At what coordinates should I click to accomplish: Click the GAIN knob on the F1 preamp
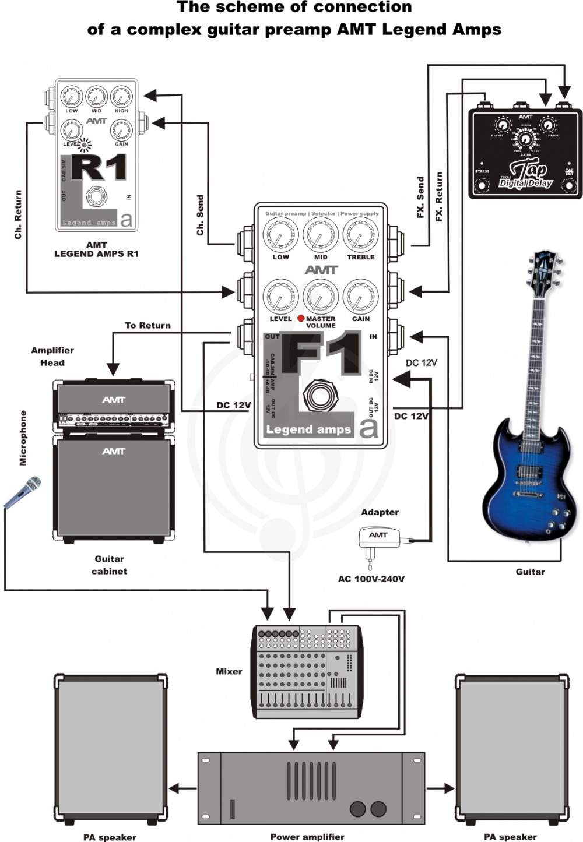coord(360,296)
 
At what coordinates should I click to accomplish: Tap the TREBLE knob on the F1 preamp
coord(360,235)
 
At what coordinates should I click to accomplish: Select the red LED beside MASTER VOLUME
coord(301,318)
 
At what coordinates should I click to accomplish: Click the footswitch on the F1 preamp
coord(318,397)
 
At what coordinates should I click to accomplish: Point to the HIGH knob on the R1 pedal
coord(121,97)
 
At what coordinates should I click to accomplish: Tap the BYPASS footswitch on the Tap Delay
coord(482,186)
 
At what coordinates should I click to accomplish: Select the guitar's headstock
coord(545,268)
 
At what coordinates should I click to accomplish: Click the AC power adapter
coord(378,538)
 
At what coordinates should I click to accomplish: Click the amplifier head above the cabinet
coord(114,405)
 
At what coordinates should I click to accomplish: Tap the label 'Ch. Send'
coord(200,215)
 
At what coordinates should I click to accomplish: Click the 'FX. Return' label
coord(438,196)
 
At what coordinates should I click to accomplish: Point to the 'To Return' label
coord(147,326)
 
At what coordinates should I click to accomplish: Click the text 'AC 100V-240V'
coord(371,579)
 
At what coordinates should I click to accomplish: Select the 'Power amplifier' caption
coord(307,837)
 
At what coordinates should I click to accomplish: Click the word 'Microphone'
coord(23,438)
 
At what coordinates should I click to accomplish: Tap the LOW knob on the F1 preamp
coord(280,235)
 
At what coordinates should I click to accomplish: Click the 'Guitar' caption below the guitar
coord(530,572)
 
